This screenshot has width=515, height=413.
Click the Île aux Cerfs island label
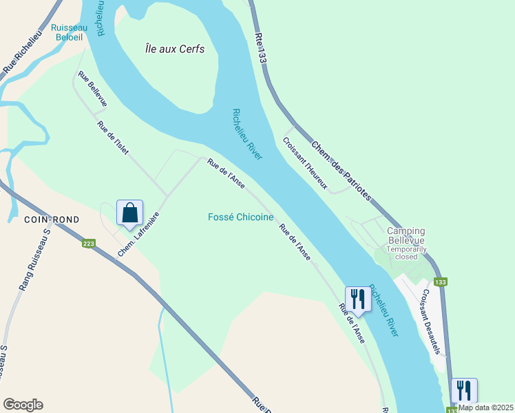[x=175, y=49]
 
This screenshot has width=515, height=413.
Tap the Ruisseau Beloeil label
[x=70, y=33]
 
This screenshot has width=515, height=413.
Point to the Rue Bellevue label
[x=92, y=89]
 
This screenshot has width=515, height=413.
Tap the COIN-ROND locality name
[x=52, y=220]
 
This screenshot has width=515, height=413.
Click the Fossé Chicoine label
[x=241, y=218]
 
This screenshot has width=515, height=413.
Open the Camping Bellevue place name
[x=406, y=235]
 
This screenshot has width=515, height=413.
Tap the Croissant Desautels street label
[x=430, y=321]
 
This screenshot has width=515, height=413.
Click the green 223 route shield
[x=89, y=243]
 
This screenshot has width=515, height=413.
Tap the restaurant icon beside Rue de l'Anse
[x=357, y=299]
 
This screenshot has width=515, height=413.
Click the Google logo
[x=23, y=405]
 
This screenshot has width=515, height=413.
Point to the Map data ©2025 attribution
[x=486, y=407]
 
